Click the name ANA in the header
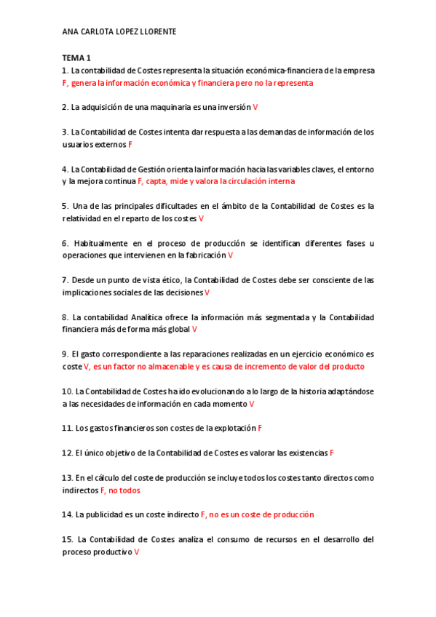pyautogui.click(x=70, y=33)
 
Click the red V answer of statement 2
pyautogui.click(x=255, y=108)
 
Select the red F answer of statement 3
pyautogui.click(x=130, y=145)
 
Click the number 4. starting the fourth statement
pyautogui.click(x=66, y=169)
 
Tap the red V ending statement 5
pyautogui.click(x=202, y=218)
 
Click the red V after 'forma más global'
pyautogui.click(x=194, y=330)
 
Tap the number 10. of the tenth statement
pyautogui.click(x=68, y=391)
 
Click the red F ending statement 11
pyautogui.click(x=260, y=428)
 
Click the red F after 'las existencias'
pyautogui.click(x=332, y=453)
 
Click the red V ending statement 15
pyautogui.click(x=137, y=552)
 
